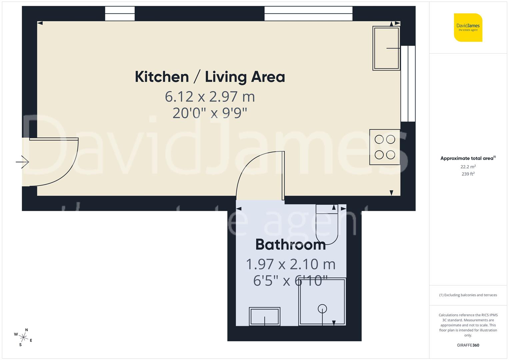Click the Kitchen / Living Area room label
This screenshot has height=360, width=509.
point(210,77)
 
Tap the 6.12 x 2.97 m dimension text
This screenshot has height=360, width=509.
point(210,97)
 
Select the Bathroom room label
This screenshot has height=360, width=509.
point(290,245)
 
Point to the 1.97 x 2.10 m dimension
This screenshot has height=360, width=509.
point(290,264)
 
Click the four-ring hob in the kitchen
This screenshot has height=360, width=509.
point(385,147)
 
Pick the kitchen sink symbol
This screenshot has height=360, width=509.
point(386,48)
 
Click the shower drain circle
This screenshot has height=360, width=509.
point(322,309)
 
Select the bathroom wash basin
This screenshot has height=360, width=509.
point(265,316)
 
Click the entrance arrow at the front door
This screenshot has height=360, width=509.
point(22,162)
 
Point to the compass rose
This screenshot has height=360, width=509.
point(24,337)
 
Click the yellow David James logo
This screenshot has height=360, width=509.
point(468,28)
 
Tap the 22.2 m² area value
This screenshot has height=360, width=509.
point(468,167)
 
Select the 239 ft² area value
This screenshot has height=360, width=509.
point(468,174)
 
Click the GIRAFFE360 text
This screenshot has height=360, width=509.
point(468,345)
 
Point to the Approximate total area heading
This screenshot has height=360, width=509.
point(468,158)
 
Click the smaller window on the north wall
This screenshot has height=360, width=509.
point(120,14)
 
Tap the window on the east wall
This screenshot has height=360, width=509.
point(408,84)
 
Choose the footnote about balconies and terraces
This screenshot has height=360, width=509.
point(468,295)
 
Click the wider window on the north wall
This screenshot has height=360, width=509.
point(308,14)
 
